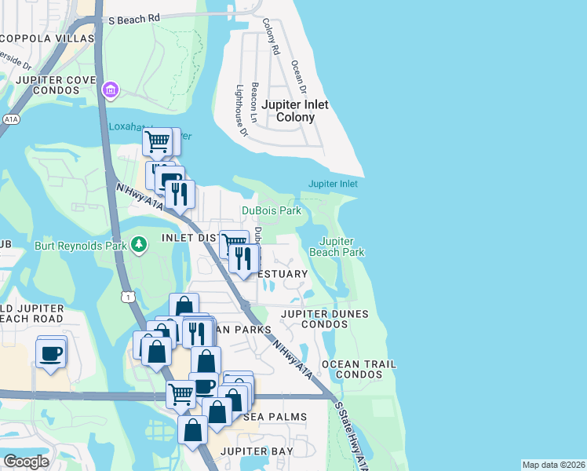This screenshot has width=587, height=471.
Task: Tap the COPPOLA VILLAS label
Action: (x=47, y=38)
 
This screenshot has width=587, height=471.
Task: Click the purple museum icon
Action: (x=110, y=92)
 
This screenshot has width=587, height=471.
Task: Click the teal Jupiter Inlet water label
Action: (x=333, y=184)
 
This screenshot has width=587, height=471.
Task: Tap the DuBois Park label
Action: (x=272, y=210)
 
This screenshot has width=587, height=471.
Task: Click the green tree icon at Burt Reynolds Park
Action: (x=139, y=246)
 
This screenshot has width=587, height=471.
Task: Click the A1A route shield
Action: (x=10, y=119)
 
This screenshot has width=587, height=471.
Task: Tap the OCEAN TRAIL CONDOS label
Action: (x=359, y=370)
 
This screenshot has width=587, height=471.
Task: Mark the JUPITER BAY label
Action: (x=257, y=451)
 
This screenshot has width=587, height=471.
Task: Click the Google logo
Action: (x=27, y=461)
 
